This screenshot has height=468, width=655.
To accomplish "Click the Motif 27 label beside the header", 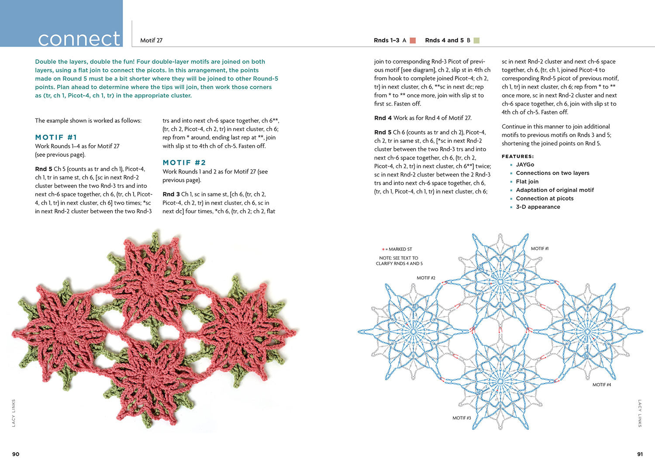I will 151,40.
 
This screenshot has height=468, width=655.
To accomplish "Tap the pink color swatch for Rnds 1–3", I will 413,40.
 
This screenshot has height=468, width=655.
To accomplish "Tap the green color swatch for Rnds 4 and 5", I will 476,40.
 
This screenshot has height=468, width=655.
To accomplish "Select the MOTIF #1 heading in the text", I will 56,137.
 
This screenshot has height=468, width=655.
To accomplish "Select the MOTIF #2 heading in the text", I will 184,163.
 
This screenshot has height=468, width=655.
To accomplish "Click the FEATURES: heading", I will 517,156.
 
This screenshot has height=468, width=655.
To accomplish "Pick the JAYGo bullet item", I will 525,165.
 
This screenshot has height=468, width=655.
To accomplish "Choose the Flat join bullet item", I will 527,181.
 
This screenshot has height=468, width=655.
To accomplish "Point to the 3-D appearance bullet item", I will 538,207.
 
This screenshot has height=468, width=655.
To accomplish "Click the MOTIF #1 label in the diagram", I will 539,248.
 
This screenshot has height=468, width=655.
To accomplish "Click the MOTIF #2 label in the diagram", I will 426,278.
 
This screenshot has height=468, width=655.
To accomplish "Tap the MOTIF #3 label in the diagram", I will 462,418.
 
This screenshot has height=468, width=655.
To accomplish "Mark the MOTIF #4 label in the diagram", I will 601,385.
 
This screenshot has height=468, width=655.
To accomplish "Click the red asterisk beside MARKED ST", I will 383,250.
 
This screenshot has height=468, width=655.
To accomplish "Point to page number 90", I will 16,454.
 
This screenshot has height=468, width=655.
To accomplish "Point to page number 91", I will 640,454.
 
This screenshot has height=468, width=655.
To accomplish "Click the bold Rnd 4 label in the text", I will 383,118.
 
